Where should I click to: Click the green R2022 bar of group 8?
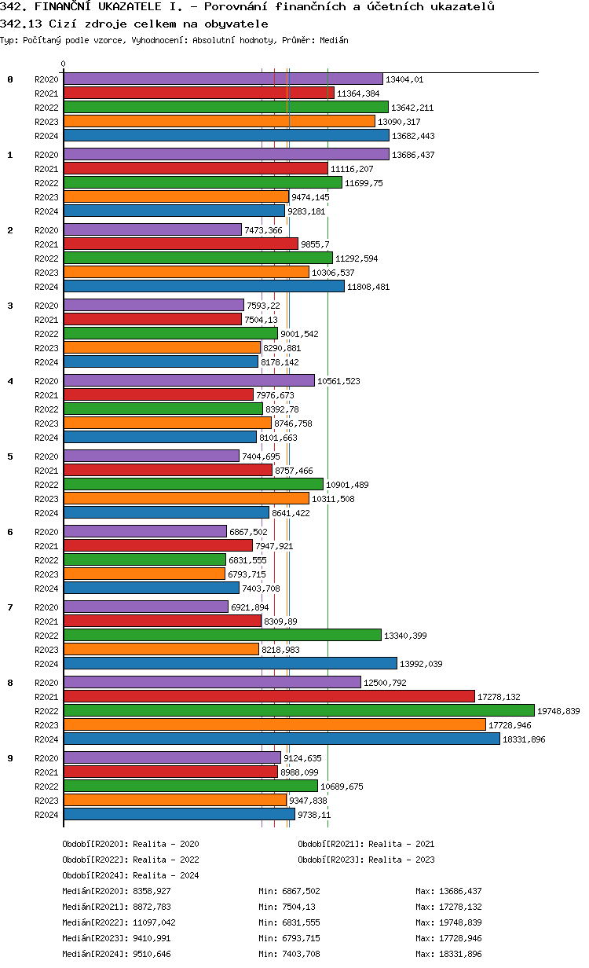(x=298, y=710)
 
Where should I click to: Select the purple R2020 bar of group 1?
(x=226, y=154)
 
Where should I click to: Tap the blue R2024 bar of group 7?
(x=230, y=663)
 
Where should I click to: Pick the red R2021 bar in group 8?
(x=269, y=696)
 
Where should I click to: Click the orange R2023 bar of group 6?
(x=145, y=574)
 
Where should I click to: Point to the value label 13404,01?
(x=404, y=79)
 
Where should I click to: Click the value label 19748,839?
(x=558, y=711)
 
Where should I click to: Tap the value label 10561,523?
(x=336, y=381)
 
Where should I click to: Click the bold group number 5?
(x=10, y=456)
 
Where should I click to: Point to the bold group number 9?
(x=10, y=757)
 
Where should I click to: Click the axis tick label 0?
(x=64, y=64)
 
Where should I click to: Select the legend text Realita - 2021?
(x=401, y=844)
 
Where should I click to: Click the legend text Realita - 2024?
(x=166, y=875)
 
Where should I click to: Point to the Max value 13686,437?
(x=459, y=891)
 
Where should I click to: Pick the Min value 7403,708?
(x=302, y=954)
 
